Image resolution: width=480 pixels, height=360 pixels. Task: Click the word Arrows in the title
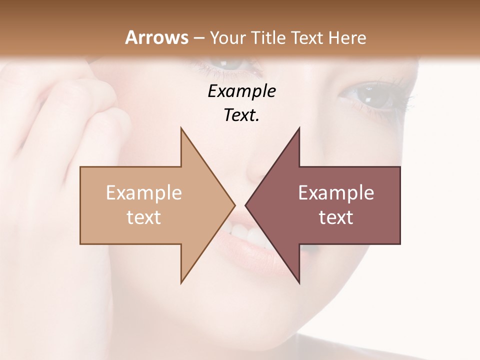[156, 37]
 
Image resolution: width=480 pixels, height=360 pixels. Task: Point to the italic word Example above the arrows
[241, 91]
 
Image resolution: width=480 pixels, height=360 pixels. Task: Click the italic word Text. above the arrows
[241, 115]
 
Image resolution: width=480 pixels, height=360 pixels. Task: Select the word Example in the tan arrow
[144, 193]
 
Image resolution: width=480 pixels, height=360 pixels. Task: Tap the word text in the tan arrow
[144, 217]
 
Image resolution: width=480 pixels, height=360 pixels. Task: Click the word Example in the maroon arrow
[336, 193]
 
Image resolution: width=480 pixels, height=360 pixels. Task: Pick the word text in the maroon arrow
[336, 217]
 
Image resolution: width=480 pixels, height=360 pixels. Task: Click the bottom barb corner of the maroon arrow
[299, 282]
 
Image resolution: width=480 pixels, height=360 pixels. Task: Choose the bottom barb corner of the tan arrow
[181, 282]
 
